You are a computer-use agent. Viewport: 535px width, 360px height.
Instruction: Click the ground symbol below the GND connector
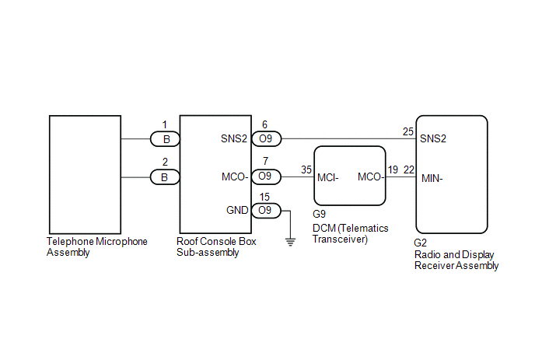(x=290, y=243)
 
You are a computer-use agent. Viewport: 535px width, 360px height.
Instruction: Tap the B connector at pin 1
(x=165, y=139)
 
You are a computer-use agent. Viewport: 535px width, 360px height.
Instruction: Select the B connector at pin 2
(x=165, y=177)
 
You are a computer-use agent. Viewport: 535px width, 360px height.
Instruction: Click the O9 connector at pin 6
(x=266, y=139)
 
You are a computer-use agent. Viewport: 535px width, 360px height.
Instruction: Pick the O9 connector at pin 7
(x=266, y=177)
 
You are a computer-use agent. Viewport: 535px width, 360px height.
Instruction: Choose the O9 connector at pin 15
(x=266, y=211)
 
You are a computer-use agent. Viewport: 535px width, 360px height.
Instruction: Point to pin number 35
(x=306, y=170)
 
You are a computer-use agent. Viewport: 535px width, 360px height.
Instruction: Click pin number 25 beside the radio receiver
(x=408, y=131)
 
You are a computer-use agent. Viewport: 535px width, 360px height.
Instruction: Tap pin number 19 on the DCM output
(x=393, y=170)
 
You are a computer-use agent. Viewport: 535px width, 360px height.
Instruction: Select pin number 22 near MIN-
(x=409, y=170)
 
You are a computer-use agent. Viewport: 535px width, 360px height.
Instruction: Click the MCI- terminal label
(x=328, y=178)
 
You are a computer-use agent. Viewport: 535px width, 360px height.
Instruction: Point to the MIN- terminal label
(x=432, y=179)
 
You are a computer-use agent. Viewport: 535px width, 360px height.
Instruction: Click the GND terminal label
(x=237, y=210)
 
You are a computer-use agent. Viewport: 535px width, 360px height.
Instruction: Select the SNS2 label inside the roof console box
(x=234, y=138)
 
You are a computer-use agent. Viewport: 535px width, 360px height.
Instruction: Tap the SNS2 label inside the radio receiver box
(x=433, y=138)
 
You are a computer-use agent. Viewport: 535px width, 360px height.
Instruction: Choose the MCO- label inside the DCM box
(x=371, y=177)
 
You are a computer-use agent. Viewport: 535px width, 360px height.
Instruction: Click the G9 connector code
(x=319, y=214)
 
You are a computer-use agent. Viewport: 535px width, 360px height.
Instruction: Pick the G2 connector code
(x=421, y=243)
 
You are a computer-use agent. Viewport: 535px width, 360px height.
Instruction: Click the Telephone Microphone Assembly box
(x=85, y=175)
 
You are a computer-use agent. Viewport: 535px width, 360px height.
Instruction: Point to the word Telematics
(x=365, y=228)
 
